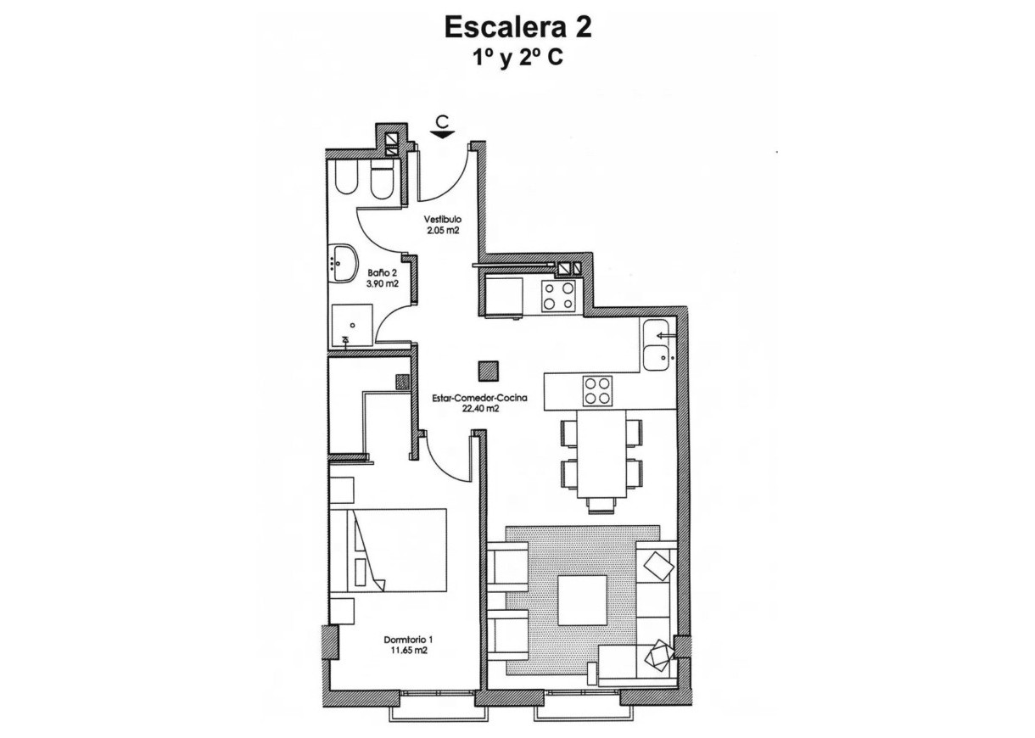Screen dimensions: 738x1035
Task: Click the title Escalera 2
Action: [x=517, y=27]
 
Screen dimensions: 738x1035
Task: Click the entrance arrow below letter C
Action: [x=442, y=132]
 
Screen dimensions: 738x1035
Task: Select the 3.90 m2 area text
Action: [x=383, y=284]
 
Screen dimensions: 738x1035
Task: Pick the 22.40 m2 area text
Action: [x=479, y=408]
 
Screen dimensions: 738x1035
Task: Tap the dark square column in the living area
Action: [x=488, y=371]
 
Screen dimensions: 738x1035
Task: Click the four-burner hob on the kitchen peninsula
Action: [x=596, y=391]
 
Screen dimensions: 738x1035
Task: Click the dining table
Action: [x=601, y=454]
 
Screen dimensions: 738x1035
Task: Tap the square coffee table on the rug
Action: [x=582, y=600]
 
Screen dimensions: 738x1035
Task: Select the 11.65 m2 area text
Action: [x=408, y=651]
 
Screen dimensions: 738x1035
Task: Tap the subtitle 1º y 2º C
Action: [x=517, y=59]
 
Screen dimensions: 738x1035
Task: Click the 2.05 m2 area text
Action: [x=442, y=230]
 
